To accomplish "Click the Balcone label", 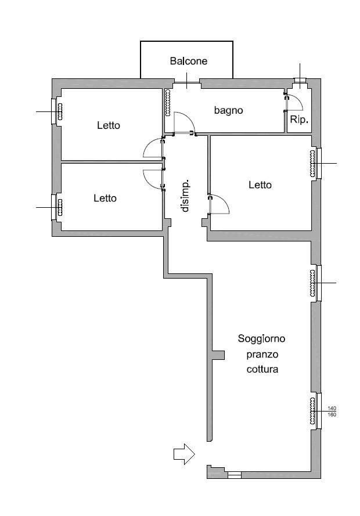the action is (189, 61).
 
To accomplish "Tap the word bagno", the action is (228, 110).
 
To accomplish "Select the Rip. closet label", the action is (299, 120).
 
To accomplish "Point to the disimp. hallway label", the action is (185, 196).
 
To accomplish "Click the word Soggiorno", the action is (262, 338).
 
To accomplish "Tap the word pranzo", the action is (262, 355).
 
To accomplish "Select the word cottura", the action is (262, 369).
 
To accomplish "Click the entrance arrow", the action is (184, 454).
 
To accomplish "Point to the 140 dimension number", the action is (332, 409).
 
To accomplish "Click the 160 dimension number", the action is (332, 414).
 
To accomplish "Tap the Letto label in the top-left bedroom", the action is (109, 125).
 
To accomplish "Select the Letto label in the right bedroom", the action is (260, 185).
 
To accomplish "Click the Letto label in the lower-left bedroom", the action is (105, 198).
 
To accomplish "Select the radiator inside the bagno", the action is (168, 103).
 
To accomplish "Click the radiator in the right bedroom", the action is (312, 163).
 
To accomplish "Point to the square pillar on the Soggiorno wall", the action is (218, 355).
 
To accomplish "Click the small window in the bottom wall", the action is (235, 475).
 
